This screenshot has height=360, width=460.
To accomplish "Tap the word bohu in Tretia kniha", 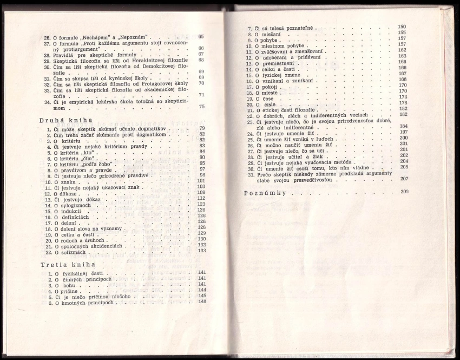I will pos(68,284).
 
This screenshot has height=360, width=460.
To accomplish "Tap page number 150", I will pos(402,27).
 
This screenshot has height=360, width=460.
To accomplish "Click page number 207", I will pos(403,178).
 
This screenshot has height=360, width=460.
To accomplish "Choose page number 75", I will pos(201,107).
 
